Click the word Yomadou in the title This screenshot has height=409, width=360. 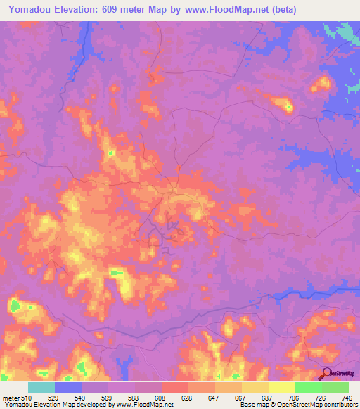32,10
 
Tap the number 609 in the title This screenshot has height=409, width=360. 113,10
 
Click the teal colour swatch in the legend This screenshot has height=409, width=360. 41,387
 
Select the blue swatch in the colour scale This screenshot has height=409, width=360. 68,387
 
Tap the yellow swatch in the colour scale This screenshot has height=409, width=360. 281,387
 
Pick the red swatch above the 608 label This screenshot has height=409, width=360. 174,387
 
